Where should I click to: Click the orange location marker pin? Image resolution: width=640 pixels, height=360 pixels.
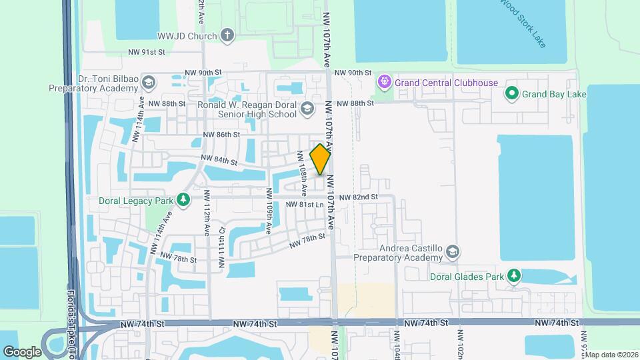321,159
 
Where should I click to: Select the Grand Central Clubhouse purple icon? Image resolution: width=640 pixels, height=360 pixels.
384,83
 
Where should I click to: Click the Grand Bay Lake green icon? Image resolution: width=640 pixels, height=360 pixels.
512,94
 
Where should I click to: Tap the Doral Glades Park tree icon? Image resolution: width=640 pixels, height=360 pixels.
513,276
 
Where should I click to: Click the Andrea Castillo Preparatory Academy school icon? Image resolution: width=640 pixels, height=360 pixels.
453,251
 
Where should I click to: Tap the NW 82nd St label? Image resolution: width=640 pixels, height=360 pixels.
358,197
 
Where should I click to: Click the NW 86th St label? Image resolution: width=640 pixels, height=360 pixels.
221,134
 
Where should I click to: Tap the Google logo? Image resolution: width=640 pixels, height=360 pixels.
23,351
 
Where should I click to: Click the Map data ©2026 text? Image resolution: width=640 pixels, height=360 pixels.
611,355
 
